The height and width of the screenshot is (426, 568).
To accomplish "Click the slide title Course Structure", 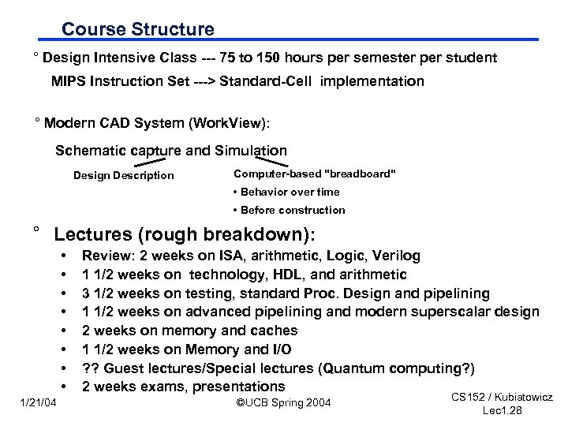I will coord(138,29).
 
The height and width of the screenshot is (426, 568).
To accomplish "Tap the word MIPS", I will coord(70,81).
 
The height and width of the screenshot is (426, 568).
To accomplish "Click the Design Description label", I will coord(123,175).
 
